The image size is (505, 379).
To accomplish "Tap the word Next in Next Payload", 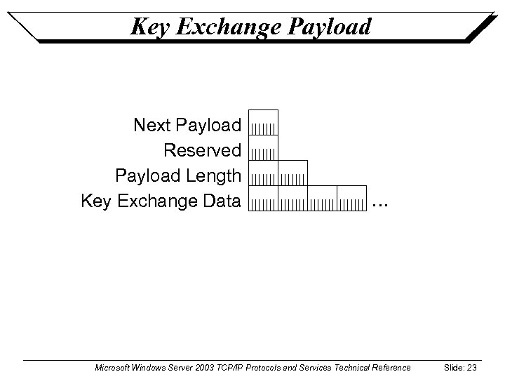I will pyautogui.click(x=152, y=126).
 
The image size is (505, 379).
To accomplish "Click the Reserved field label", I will pyautogui.click(x=202, y=151).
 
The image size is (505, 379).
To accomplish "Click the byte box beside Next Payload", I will pyautogui.click(x=264, y=122).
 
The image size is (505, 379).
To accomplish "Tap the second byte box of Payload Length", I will pyautogui.click(x=292, y=173).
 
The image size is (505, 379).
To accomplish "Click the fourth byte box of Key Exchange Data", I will pyautogui.click(x=352, y=198).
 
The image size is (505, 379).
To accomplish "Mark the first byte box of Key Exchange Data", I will pyautogui.click(x=264, y=198).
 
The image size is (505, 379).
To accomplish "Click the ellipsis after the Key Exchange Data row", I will pyautogui.click(x=379, y=204).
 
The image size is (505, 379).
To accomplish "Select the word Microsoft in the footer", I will pyautogui.click(x=113, y=368).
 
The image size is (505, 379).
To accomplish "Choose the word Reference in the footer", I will pyautogui.click(x=391, y=368).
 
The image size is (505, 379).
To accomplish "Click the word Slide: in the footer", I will pyautogui.click(x=453, y=368).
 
